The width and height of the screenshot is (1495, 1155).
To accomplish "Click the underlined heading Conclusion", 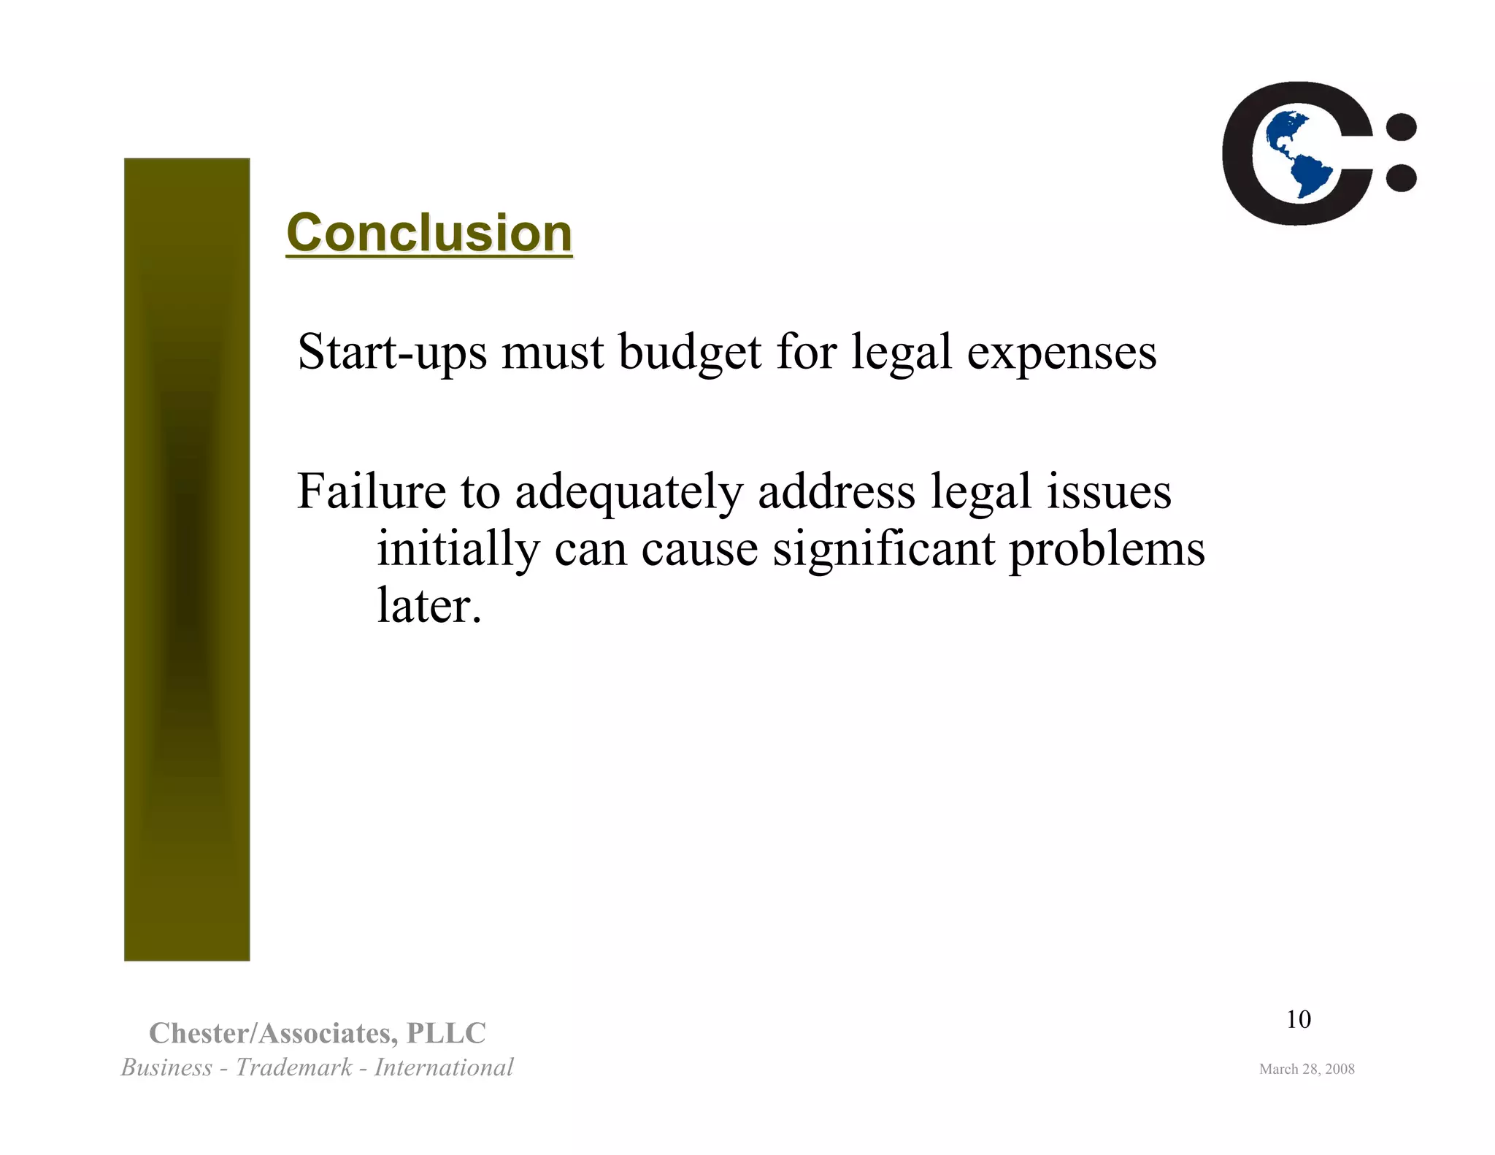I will click(x=429, y=233).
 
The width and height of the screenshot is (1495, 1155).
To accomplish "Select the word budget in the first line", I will click(x=690, y=353).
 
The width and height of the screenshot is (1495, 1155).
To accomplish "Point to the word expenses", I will click(x=1061, y=353).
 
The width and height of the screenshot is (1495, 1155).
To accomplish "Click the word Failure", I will click(x=371, y=491).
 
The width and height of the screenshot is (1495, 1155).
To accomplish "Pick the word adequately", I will click(x=629, y=493).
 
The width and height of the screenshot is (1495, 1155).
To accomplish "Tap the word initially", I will click(x=458, y=549).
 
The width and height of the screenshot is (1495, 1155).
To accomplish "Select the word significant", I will click(x=883, y=549).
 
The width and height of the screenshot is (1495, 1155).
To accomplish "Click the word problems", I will click(x=1107, y=550).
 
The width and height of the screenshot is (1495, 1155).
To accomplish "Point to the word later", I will click(x=428, y=606).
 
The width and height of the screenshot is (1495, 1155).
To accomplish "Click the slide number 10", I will click(x=1299, y=1019).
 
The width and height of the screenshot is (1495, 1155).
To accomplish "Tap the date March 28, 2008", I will click(x=1307, y=1069).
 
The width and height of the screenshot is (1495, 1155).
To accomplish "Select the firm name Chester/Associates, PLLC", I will click(x=318, y=1033).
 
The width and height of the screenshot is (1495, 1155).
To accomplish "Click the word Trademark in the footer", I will click(x=293, y=1067).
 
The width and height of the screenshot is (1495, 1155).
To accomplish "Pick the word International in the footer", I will click(x=444, y=1067).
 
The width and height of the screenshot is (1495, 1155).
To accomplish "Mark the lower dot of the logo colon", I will click(x=1400, y=177).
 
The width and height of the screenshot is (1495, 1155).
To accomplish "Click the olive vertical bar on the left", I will click(x=187, y=559).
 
